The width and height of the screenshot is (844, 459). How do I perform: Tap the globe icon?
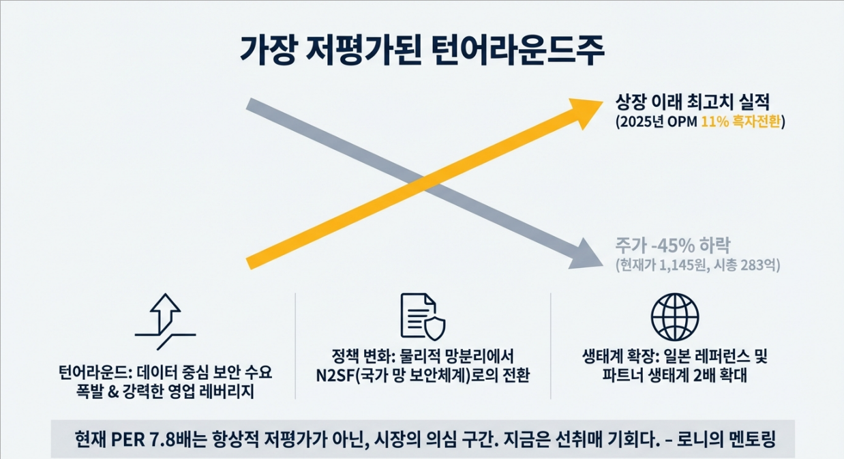[x=675, y=317]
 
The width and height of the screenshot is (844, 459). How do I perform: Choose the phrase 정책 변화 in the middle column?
[x=357, y=356]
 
